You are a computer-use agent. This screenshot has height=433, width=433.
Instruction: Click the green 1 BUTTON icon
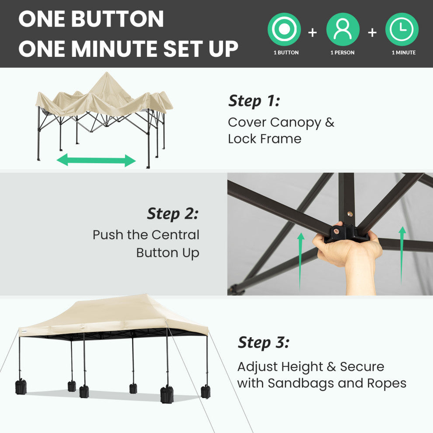pyautogui.click(x=284, y=29)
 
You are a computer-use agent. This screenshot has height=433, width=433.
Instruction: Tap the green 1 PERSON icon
pyautogui.click(x=343, y=29)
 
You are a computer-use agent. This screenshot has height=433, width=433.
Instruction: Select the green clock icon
pyautogui.click(x=402, y=29)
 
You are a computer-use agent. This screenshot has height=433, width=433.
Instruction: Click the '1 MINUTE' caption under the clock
pyautogui.click(x=403, y=52)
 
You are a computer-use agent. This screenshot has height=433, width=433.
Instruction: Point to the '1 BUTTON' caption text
pyautogui.click(x=286, y=52)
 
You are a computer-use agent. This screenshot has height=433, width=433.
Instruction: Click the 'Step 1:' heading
pyautogui.click(x=254, y=101)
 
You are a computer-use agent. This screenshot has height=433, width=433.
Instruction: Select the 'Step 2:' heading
pyautogui.click(x=173, y=214)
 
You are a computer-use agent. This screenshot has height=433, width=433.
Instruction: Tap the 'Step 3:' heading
pyautogui.click(x=263, y=343)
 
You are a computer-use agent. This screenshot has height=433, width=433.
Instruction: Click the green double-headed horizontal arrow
pyautogui.click(x=96, y=161)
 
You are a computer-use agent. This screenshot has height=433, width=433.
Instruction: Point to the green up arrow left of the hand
pyautogui.click(x=301, y=261)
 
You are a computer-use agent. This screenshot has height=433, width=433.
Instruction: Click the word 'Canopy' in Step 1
pyautogui.click(x=296, y=123)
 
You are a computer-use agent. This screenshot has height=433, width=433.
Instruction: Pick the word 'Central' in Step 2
pyautogui.click(x=175, y=235)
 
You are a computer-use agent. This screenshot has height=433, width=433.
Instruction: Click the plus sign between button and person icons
pyautogui.click(x=312, y=33)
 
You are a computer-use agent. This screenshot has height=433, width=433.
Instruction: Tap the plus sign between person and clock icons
pyautogui.click(x=372, y=33)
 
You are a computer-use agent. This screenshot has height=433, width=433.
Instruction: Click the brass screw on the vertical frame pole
pyautogui.click(x=350, y=214)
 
